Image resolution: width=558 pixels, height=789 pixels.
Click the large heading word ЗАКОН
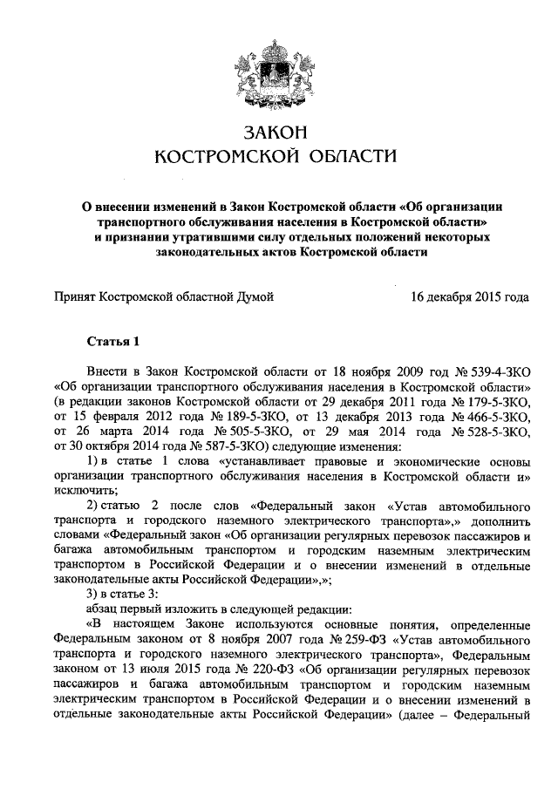point(276,133)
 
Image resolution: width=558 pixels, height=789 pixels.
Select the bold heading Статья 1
point(113,340)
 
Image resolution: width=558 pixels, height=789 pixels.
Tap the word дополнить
point(500,520)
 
